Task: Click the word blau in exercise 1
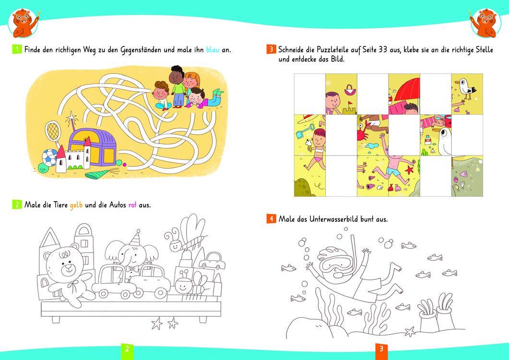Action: [x=213, y=50]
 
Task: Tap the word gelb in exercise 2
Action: [x=76, y=205]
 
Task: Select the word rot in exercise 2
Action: [x=132, y=205]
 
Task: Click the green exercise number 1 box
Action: [x=17, y=49]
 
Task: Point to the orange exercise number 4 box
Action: [x=272, y=219]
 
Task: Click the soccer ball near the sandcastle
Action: [x=50, y=157]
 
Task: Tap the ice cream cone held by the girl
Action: [x=308, y=145]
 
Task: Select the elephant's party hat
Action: [x=135, y=238]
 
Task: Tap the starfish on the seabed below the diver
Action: [x=410, y=332]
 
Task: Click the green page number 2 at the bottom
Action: [x=127, y=349]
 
